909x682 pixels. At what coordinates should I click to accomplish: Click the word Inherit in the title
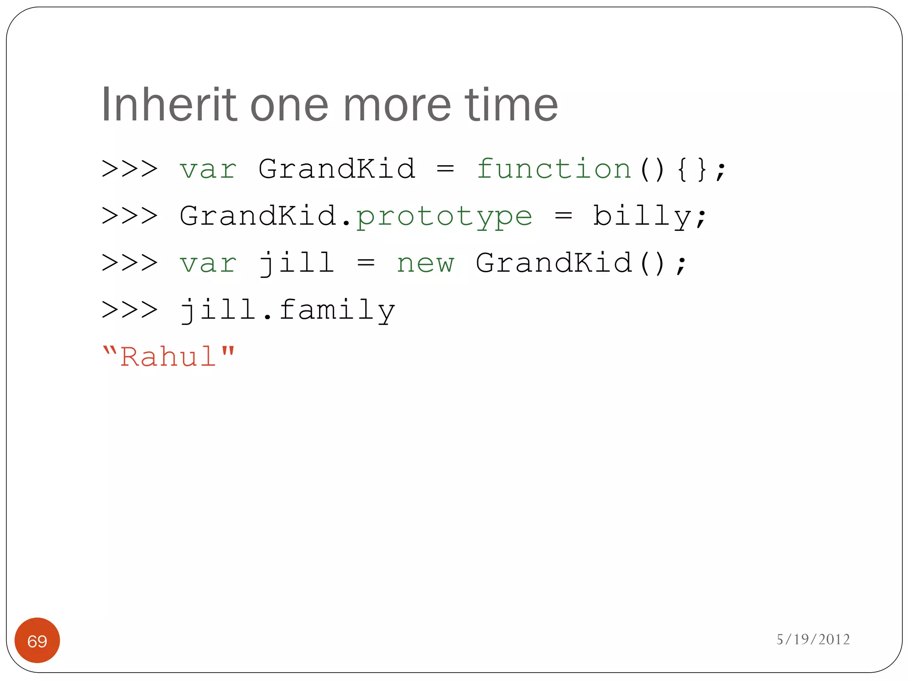(169, 105)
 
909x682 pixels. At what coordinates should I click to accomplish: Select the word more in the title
(397, 105)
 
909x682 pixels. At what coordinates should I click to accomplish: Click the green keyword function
(553, 169)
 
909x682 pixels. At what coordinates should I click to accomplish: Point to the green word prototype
(444, 216)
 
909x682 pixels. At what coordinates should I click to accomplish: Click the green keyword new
(425, 263)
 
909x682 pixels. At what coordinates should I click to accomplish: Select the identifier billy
(642, 216)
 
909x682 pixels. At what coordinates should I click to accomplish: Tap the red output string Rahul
(168, 357)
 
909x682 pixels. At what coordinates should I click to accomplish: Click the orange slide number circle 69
(37, 640)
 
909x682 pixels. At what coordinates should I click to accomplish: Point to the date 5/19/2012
(813, 639)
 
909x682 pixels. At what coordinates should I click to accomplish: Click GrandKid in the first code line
(337, 169)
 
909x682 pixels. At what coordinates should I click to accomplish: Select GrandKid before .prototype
(258, 216)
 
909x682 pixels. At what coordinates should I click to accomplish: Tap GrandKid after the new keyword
(553, 263)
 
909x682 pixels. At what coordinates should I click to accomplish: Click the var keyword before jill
(208, 263)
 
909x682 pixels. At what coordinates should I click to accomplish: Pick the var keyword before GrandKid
(208, 169)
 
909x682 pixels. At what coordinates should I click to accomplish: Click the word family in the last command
(337, 310)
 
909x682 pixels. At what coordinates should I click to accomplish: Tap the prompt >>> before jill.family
(130, 310)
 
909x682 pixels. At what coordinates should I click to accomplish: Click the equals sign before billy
(563, 216)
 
